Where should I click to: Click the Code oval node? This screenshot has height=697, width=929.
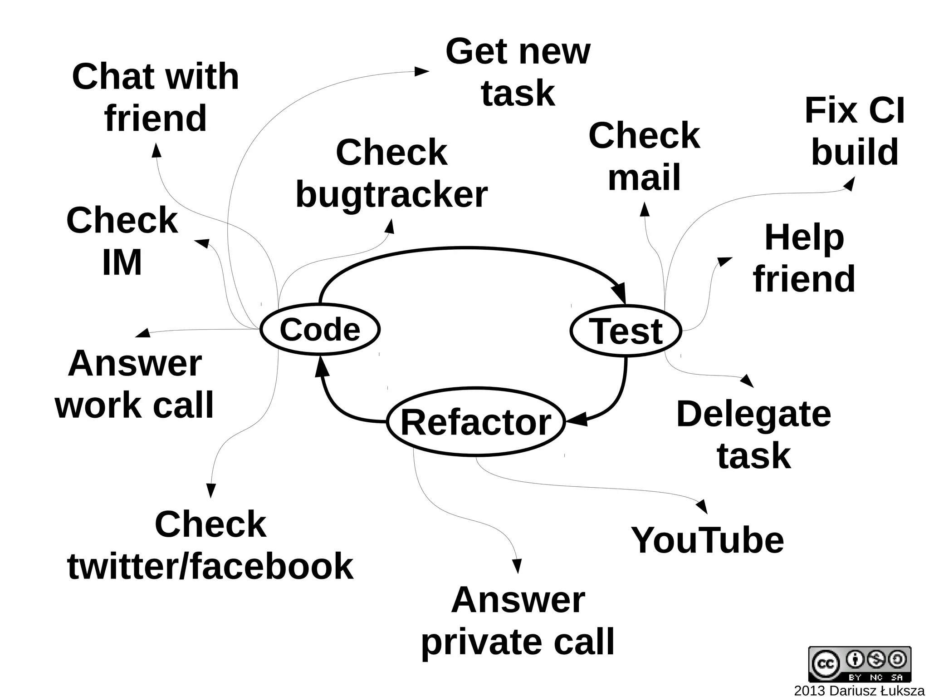point(320,329)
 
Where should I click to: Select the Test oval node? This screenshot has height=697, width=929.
point(626,331)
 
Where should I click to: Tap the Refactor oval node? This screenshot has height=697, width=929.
point(476,422)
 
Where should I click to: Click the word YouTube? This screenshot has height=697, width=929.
point(707,540)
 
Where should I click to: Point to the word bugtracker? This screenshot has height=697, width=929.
point(391,194)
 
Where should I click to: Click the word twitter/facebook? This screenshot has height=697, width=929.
point(210,566)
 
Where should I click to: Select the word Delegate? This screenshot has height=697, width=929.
point(753,414)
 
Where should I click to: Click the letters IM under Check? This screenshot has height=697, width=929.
point(122,262)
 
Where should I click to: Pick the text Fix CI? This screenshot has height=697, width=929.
point(855,110)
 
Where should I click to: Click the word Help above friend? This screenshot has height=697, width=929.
point(804,237)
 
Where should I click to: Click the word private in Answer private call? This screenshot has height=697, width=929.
point(481,642)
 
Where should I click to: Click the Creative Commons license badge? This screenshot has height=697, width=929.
point(859,664)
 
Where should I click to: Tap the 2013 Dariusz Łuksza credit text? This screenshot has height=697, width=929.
point(859,691)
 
